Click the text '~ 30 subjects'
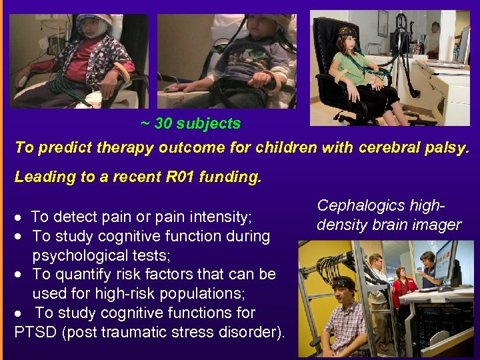pyautogui.click(x=191, y=123)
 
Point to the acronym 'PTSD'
pyautogui.click(x=35, y=331)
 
